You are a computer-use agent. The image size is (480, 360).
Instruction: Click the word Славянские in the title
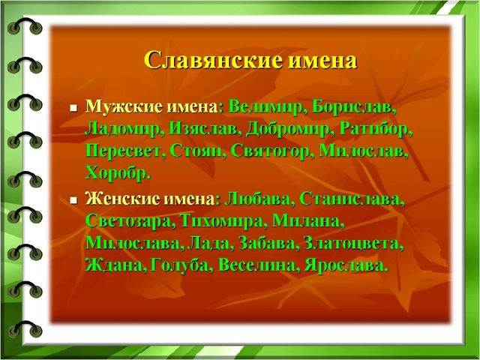[x=213, y=60]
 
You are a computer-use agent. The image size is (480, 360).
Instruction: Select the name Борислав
[x=352, y=108]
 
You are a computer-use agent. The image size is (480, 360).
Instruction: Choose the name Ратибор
[x=374, y=130]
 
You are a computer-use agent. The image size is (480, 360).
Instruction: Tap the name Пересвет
[x=123, y=151]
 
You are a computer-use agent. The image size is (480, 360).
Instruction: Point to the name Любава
[x=257, y=199]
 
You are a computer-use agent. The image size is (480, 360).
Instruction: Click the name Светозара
[x=128, y=221]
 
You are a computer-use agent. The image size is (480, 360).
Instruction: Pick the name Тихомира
[x=222, y=221]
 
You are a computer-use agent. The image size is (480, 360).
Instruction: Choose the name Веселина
[x=256, y=265]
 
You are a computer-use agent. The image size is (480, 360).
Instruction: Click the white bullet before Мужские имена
[x=73, y=108]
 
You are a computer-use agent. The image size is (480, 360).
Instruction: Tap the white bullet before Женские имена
[x=73, y=200]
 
